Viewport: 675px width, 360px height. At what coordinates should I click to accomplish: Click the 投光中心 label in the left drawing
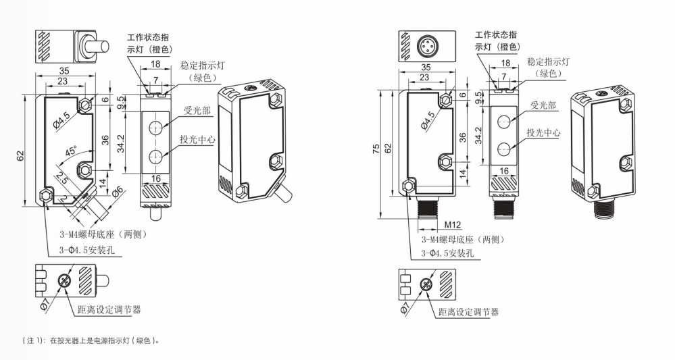click(x=197, y=140)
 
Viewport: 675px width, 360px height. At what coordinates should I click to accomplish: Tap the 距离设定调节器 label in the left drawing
click(x=109, y=309)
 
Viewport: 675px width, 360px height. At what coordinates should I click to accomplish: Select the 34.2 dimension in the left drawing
click(x=120, y=144)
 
